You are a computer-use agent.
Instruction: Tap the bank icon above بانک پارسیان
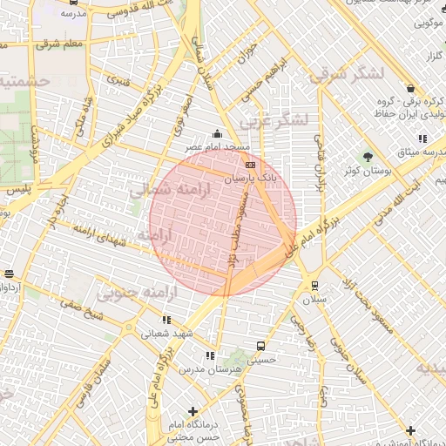click(x=251, y=165)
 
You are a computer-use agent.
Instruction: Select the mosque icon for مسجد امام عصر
click(x=217, y=134)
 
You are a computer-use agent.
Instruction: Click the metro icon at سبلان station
click(x=314, y=285)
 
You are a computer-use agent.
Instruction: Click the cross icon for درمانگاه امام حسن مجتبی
click(x=193, y=411)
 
